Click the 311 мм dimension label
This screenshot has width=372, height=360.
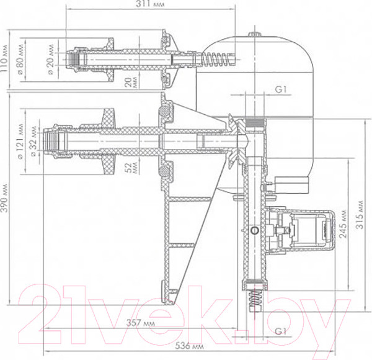150,4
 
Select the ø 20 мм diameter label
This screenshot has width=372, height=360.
51,60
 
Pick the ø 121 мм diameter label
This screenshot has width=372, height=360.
21,142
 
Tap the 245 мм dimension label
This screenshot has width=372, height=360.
343,223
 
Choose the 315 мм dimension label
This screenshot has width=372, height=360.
360,215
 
